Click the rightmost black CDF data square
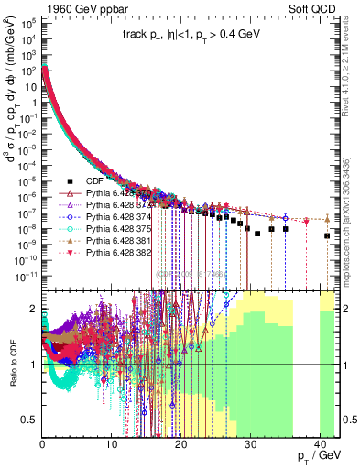[x=327, y=236]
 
